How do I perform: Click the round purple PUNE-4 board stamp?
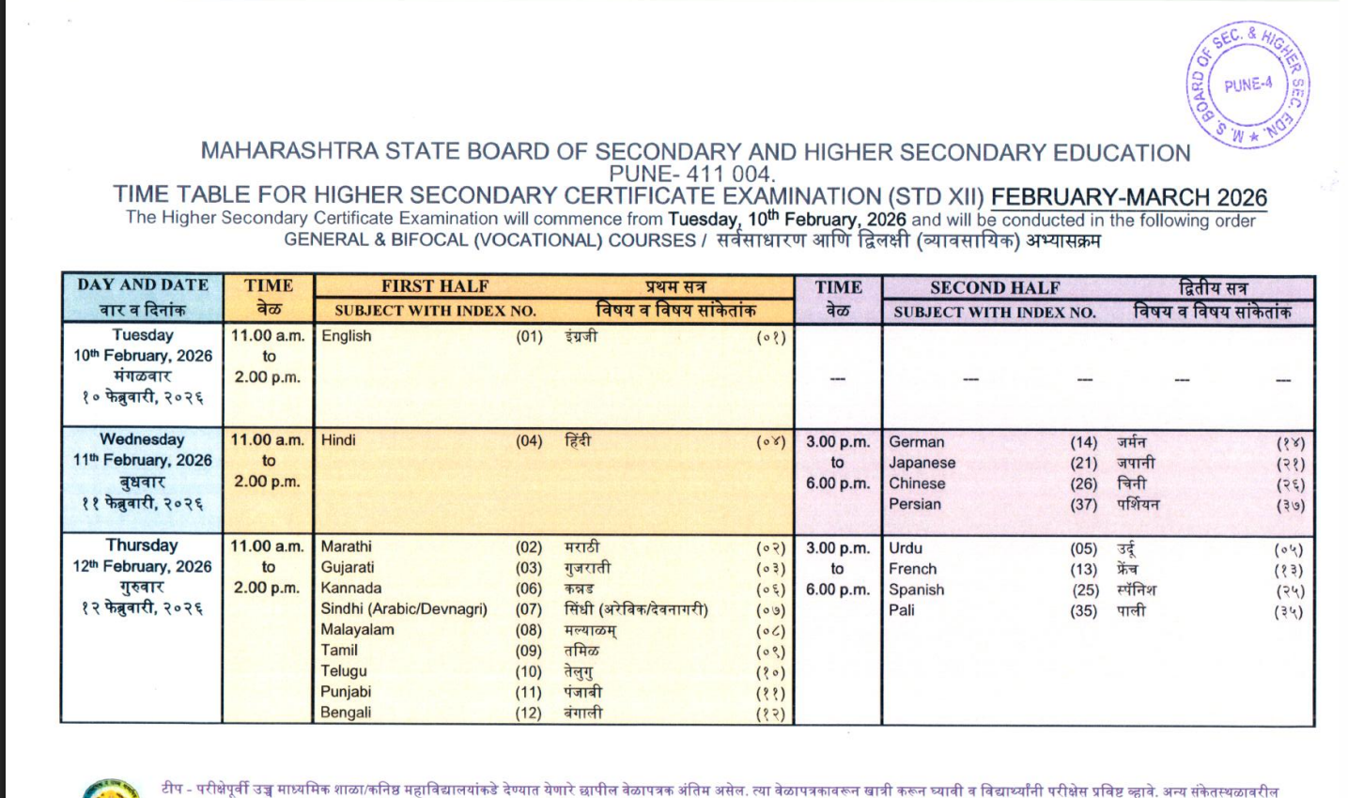[x=1247, y=85]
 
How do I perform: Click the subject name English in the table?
[x=347, y=336]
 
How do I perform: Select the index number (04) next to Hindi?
[x=529, y=440]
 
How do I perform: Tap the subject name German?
[x=917, y=442]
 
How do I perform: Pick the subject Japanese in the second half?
[x=922, y=463]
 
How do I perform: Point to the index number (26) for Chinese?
[x=1084, y=483]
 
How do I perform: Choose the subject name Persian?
[x=915, y=504]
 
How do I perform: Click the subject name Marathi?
[x=347, y=546]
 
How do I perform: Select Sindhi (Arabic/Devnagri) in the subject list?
[x=404, y=608]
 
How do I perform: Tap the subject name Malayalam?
[x=358, y=629]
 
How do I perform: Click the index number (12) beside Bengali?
[x=529, y=713]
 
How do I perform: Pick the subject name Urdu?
[x=906, y=548]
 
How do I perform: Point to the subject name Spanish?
[x=917, y=590]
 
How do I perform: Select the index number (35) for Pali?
[x=1084, y=610]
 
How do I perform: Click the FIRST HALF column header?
[x=435, y=286]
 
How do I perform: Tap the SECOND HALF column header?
[x=995, y=287]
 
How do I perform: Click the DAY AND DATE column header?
[x=143, y=284]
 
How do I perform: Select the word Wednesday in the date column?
[x=143, y=439]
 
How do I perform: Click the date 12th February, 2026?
[x=143, y=566]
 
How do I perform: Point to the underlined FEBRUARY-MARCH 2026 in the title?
[x=1129, y=197]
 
